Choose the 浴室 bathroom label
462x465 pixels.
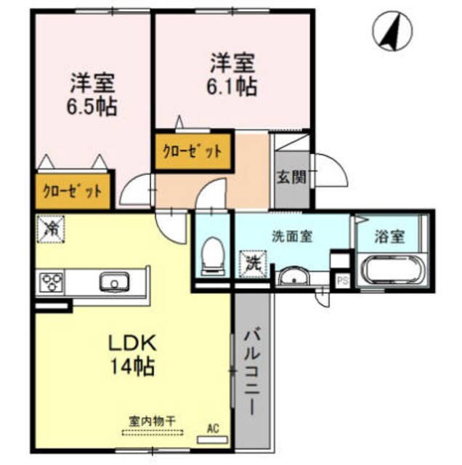coord(390,237)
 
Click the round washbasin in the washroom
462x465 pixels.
coord(293,277)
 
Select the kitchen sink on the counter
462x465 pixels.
coord(114,281)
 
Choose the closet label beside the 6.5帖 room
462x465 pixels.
coord(72,192)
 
